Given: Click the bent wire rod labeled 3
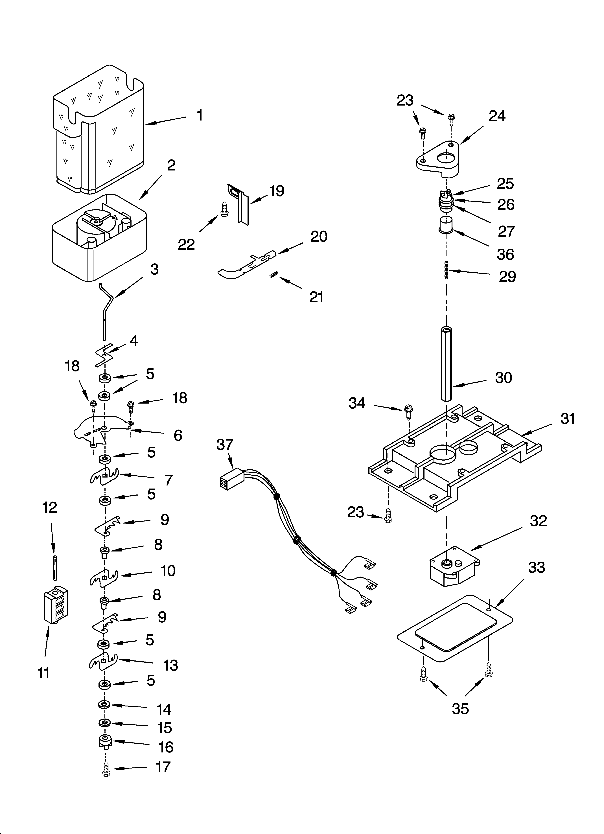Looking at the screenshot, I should point(107,309).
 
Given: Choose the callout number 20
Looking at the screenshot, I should point(319,237).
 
